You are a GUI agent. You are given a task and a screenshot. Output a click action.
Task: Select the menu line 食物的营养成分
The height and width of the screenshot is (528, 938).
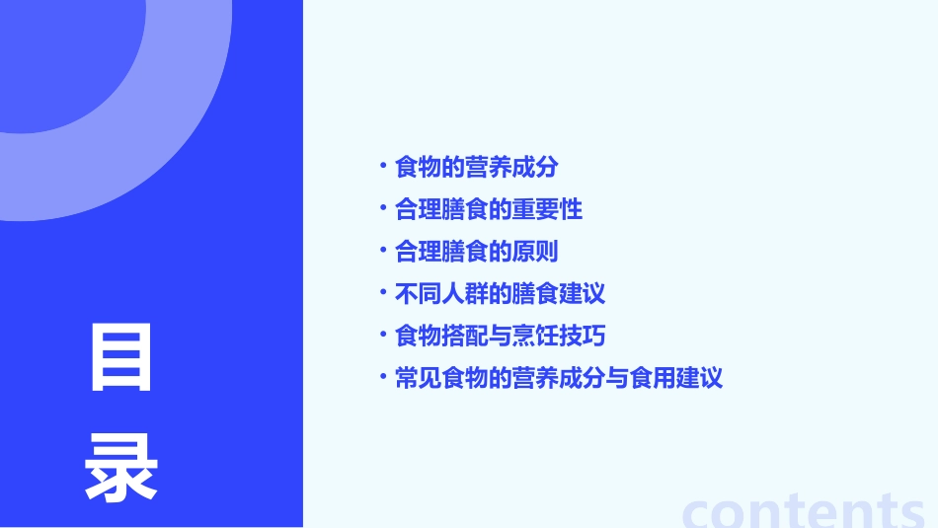(x=476, y=168)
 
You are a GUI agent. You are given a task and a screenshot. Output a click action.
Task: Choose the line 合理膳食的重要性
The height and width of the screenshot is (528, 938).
(x=489, y=209)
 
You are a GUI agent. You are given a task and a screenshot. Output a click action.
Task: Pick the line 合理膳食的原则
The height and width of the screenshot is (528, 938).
(x=476, y=252)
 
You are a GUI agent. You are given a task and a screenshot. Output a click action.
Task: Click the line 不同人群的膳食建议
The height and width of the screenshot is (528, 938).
(x=500, y=294)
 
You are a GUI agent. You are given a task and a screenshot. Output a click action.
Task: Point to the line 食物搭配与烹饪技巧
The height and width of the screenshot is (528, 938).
(x=500, y=336)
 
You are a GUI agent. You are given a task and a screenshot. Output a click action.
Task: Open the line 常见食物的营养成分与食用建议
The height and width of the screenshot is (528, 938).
(x=559, y=378)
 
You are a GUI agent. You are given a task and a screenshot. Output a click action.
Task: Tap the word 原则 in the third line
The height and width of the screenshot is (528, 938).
(x=535, y=252)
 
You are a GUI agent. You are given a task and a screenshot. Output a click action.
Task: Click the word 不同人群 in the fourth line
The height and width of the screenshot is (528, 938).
(x=441, y=294)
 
